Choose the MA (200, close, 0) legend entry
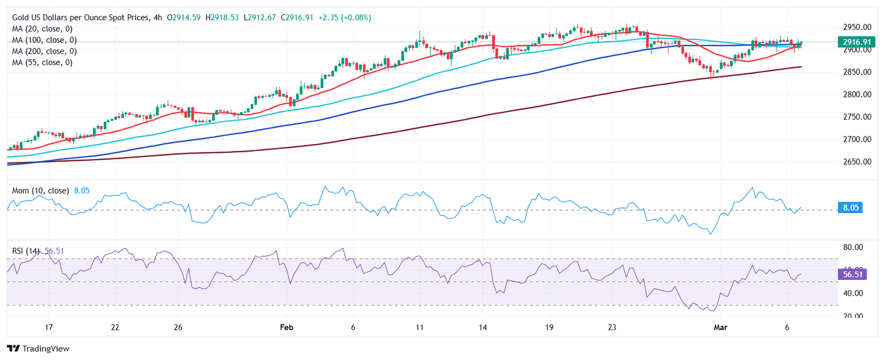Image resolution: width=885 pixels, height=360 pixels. pyautogui.click(x=44, y=51)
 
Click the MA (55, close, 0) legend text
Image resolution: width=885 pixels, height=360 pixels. pyautogui.click(x=42, y=62)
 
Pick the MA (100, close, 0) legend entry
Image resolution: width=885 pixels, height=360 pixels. pyautogui.click(x=44, y=40)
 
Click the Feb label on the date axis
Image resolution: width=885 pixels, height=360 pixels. pyautogui.click(x=286, y=327)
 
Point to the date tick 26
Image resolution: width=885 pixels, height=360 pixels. pyautogui.click(x=178, y=327)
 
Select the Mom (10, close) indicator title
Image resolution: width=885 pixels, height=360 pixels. pyautogui.click(x=40, y=191)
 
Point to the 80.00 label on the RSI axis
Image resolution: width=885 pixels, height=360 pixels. pyautogui.click(x=854, y=247)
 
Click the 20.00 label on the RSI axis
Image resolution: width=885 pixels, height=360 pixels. pyautogui.click(x=854, y=316)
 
